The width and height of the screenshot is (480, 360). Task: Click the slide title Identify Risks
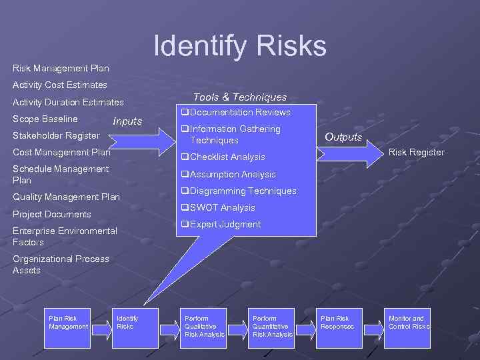pos(240,45)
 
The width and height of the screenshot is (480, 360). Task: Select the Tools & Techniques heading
pos(240,97)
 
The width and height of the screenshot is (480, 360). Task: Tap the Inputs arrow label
pos(127,121)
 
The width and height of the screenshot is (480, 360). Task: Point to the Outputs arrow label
pos(343,137)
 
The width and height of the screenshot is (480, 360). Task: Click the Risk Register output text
pos(417,153)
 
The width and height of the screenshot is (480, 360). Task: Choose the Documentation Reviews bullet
pos(236,113)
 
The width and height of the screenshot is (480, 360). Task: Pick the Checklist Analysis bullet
pos(223,157)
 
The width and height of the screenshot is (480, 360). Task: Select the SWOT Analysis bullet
pos(218,208)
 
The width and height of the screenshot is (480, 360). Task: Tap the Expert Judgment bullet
pos(221,225)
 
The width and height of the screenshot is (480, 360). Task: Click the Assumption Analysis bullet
pos(228,175)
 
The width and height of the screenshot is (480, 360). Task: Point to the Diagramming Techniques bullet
pos(239,191)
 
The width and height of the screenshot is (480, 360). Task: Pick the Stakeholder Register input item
pos(56,136)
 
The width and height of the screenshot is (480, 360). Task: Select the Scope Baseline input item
pos(45,119)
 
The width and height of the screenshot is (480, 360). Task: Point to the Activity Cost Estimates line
pos(59,85)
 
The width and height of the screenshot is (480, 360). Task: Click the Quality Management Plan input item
pos(66,197)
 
